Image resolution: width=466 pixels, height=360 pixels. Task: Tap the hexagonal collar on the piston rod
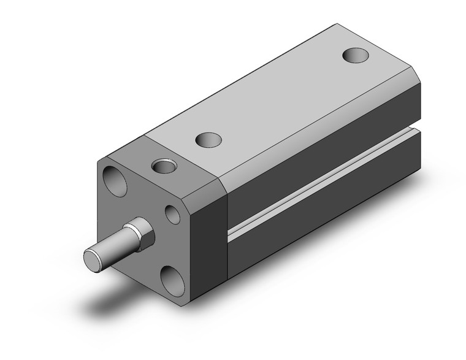[139, 235]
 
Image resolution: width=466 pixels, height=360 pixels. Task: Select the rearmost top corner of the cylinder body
[335, 25]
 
